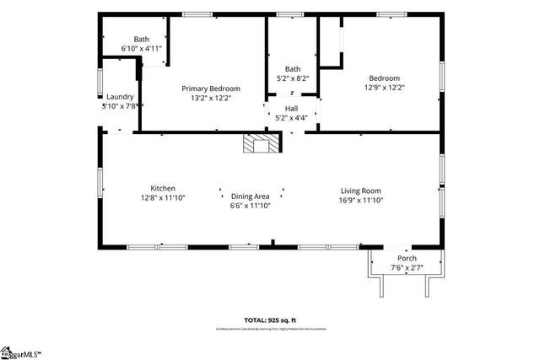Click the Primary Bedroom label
(211, 89)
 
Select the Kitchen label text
(163, 188)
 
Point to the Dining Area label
(251, 196)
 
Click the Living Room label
(361, 191)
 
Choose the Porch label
(408, 259)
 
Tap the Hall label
(292, 109)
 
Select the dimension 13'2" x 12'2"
(211, 98)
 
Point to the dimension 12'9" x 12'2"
(385, 87)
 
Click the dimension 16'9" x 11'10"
(361, 200)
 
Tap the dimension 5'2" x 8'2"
(292, 78)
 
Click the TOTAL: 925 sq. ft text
(270, 320)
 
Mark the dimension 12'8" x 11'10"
(163, 197)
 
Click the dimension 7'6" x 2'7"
(408, 268)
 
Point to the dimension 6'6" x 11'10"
(251, 206)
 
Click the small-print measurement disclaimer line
(270, 329)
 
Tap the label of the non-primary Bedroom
(385, 78)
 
